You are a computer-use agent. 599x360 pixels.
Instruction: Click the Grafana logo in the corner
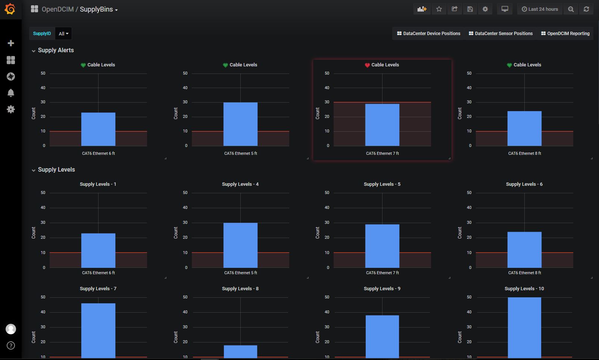(x=10, y=9)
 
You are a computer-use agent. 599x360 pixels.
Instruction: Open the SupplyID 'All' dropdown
(x=63, y=34)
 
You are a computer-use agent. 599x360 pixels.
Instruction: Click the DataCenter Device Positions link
(x=428, y=34)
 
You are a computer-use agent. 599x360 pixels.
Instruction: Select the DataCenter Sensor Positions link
(x=500, y=34)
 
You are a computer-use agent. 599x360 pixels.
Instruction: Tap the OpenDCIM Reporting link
(x=565, y=34)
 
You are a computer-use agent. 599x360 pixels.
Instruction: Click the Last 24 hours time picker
(x=540, y=9)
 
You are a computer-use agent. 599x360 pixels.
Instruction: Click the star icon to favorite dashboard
(x=439, y=9)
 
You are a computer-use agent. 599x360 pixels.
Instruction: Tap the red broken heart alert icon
(x=367, y=65)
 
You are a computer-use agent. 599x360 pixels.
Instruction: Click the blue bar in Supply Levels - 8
(x=240, y=351)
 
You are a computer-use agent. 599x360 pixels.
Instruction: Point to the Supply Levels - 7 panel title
(x=98, y=289)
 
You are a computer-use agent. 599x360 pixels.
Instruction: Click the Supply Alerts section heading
(x=56, y=50)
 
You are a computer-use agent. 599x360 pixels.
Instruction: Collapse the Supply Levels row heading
(x=56, y=170)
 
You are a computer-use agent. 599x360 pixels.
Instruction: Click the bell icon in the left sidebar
(x=11, y=93)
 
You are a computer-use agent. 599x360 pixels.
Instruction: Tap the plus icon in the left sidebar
(x=11, y=43)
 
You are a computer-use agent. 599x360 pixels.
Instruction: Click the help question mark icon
(x=11, y=345)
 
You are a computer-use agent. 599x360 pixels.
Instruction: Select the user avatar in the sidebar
(x=11, y=329)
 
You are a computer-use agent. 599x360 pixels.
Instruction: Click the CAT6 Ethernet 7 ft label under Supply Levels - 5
(x=382, y=273)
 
